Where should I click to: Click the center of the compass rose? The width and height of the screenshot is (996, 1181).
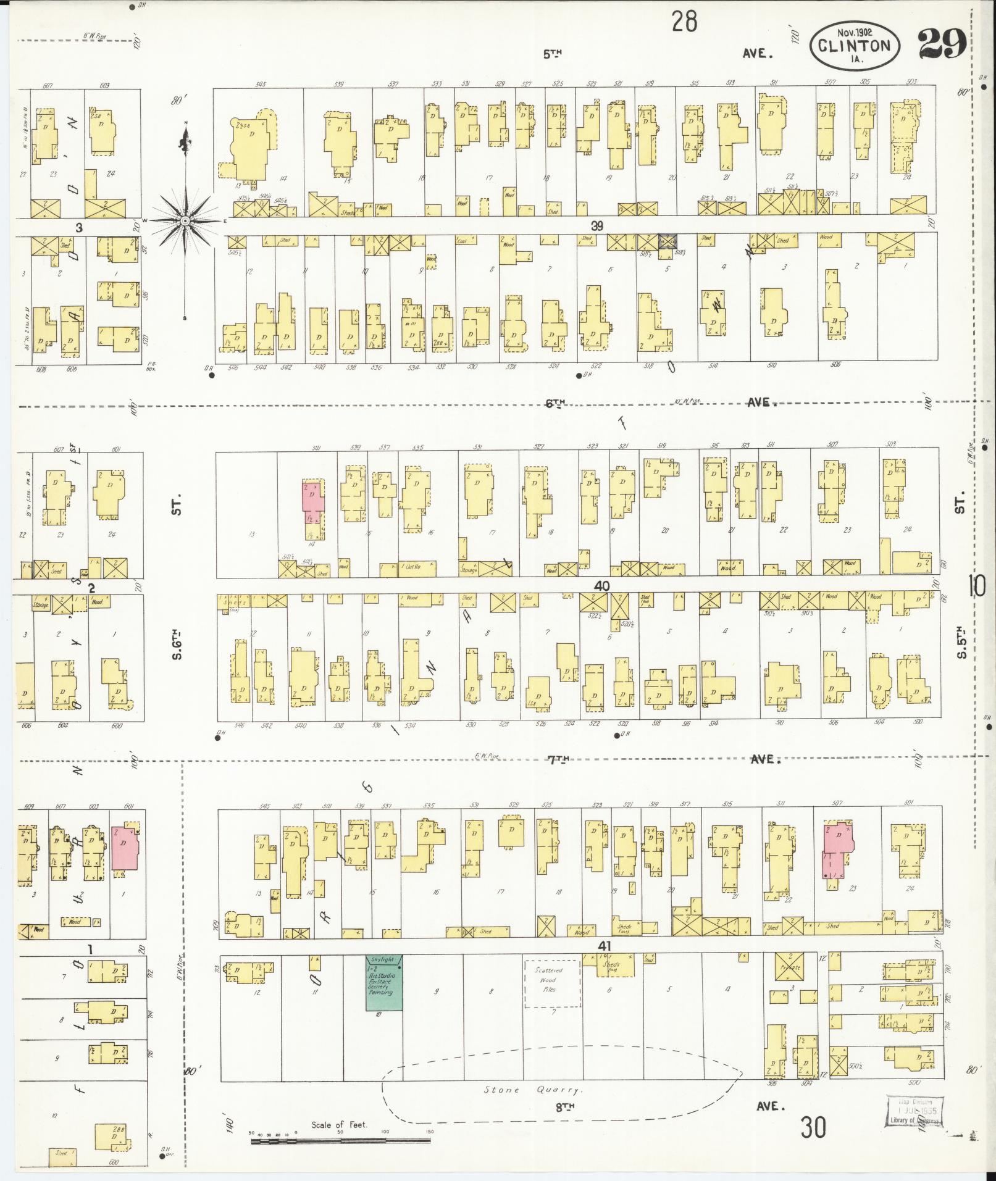point(185,220)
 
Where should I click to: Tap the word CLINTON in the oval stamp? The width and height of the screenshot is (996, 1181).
point(855,45)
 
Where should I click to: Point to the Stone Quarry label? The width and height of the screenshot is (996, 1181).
point(533,1090)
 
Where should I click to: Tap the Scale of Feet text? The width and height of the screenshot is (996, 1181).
point(339,1124)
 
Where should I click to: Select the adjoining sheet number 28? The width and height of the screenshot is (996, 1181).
point(684,22)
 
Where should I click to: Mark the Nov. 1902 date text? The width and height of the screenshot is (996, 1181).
point(855,31)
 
